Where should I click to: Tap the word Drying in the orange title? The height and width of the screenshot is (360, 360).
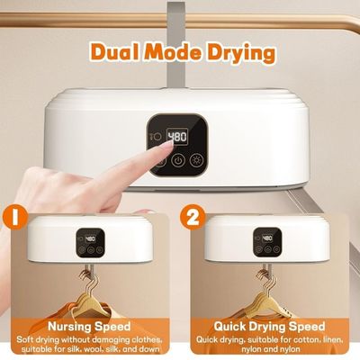241,54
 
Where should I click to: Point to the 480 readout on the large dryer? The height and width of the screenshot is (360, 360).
177,137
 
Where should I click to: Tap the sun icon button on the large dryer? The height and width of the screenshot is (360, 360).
197,160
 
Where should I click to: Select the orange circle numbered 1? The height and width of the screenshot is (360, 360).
14,218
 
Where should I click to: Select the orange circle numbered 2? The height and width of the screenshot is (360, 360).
193,217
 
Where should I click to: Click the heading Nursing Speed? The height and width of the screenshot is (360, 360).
89,326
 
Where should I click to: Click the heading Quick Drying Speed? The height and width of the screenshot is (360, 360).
269,326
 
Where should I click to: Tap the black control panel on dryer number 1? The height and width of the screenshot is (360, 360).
90,242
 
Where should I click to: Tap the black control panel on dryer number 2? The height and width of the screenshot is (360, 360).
267,242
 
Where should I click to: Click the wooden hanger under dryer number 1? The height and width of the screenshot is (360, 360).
89,299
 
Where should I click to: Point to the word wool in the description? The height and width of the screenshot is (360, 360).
93,349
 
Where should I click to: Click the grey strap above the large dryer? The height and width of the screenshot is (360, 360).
176,45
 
